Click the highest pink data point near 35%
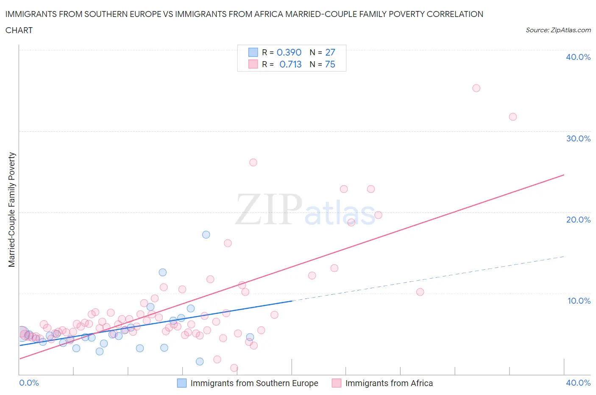(x=476, y=88)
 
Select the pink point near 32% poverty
(x=512, y=117)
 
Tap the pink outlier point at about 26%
(x=253, y=162)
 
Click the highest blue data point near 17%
(x=206, y=234)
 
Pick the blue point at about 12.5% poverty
(x=162, y=272)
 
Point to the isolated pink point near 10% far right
(x=420, y=292)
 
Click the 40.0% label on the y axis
(x=578, y=57)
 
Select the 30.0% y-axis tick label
(x=578, y=138)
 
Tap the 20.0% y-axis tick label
(x=578, y=220)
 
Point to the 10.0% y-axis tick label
(x=579, y=301)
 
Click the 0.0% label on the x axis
(x=29, y=383)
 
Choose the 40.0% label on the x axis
(x=578, y=383)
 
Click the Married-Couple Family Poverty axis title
(x=12, y=210)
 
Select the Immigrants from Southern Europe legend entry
(x=254, y=383)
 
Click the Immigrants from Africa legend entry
(x=389, y=383)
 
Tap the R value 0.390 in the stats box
(x=289, y=52)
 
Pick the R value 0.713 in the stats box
(x=290, y=64)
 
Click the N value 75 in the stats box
(x=330, y=64)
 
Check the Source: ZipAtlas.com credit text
(x=558, y=30)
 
